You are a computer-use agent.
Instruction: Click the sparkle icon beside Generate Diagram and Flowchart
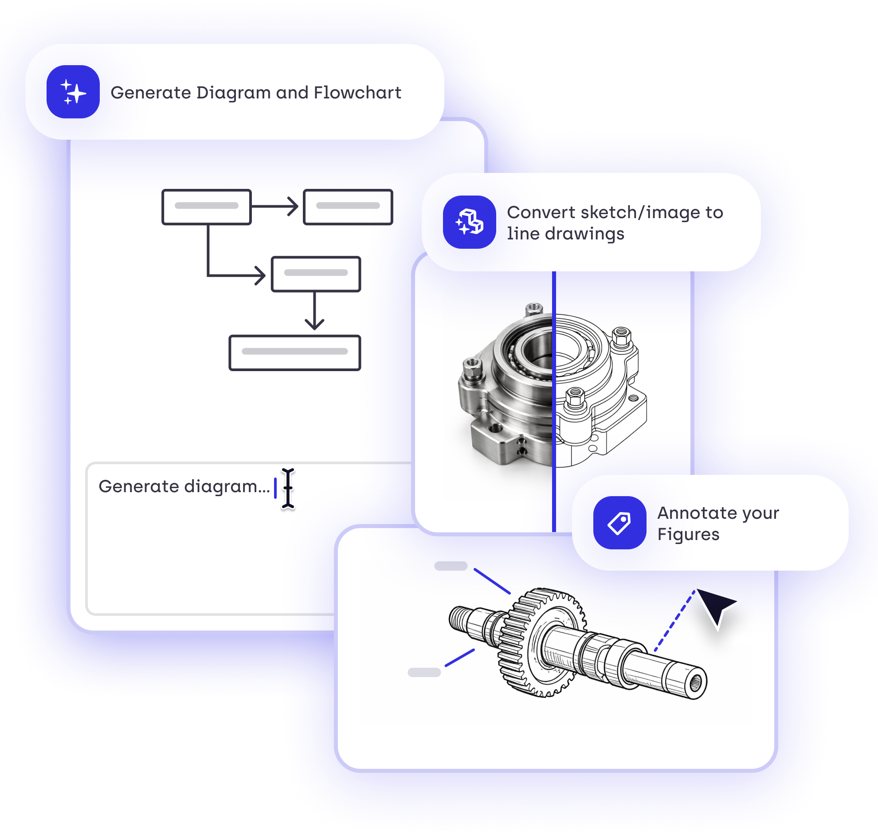(73, 92)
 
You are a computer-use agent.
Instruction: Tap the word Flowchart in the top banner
(357, 93)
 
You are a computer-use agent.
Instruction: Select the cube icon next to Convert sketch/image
(469, 222)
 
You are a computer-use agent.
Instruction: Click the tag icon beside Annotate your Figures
(619, 522)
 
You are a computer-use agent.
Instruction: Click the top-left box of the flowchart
(207, 207)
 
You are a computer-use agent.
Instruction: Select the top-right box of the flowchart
(348, 207)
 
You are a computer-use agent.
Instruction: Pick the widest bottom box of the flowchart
(294, 352)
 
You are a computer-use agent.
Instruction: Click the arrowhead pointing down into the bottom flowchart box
(314, 323)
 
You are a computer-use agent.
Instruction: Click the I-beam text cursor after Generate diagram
(288, 488)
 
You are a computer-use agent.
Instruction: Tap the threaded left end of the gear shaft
(460, 619)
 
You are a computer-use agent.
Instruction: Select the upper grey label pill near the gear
(451, 566)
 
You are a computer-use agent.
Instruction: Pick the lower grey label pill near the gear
(424, 672)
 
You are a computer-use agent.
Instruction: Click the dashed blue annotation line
(674, 620)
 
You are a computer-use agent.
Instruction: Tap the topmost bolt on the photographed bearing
(533, 309)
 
